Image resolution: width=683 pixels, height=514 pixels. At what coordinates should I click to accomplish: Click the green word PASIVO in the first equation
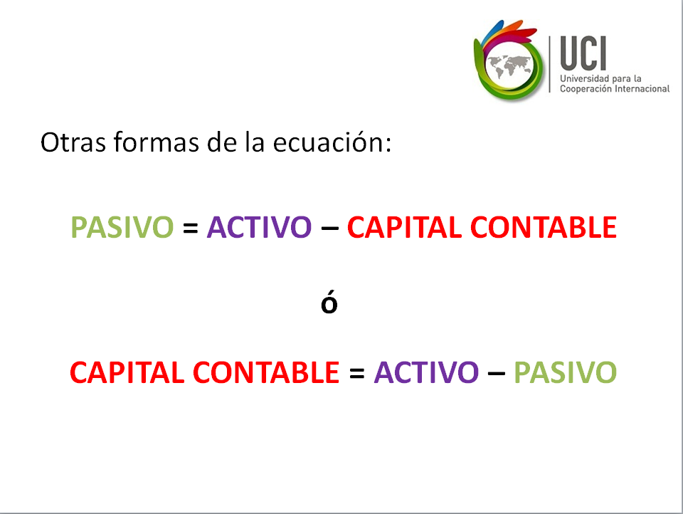[x=122, y=227]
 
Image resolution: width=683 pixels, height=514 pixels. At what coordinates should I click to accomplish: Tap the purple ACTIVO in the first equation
[x=259, y=227]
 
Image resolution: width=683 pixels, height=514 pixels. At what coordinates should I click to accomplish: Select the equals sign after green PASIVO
[x=191, y=228]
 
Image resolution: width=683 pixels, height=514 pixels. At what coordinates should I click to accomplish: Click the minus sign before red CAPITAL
[x=329, y=228]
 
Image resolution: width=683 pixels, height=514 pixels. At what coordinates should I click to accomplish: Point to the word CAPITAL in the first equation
[x=404, y=227]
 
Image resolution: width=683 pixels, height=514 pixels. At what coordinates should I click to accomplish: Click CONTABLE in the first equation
[x=544, y=227]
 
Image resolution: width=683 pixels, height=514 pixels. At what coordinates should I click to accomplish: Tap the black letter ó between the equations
[x=329, y=301]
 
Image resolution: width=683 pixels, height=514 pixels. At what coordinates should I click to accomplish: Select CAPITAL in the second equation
[x=127, y=372]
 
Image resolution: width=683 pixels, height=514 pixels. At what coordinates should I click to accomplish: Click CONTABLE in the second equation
[x=266, y=372]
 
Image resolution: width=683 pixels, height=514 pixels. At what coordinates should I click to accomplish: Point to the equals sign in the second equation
[x=356, y=373]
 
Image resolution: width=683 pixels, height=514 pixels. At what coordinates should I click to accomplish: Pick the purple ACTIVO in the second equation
[x=426, y=372]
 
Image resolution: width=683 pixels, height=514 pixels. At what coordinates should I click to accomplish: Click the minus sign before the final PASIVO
[x=497, y=373]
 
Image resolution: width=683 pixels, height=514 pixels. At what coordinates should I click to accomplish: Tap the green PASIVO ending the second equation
[x=566, y=372]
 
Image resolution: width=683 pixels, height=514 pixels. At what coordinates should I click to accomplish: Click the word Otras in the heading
[x=73, y=142]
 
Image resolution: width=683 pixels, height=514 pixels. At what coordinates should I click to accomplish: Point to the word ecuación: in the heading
[x=332, y=142]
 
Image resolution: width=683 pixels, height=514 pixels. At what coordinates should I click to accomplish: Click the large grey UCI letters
[x=583, y=53]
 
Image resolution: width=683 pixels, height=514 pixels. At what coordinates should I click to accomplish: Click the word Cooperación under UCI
[x=586, y=89]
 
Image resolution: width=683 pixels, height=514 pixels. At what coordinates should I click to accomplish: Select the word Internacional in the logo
[x=642, y=88]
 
